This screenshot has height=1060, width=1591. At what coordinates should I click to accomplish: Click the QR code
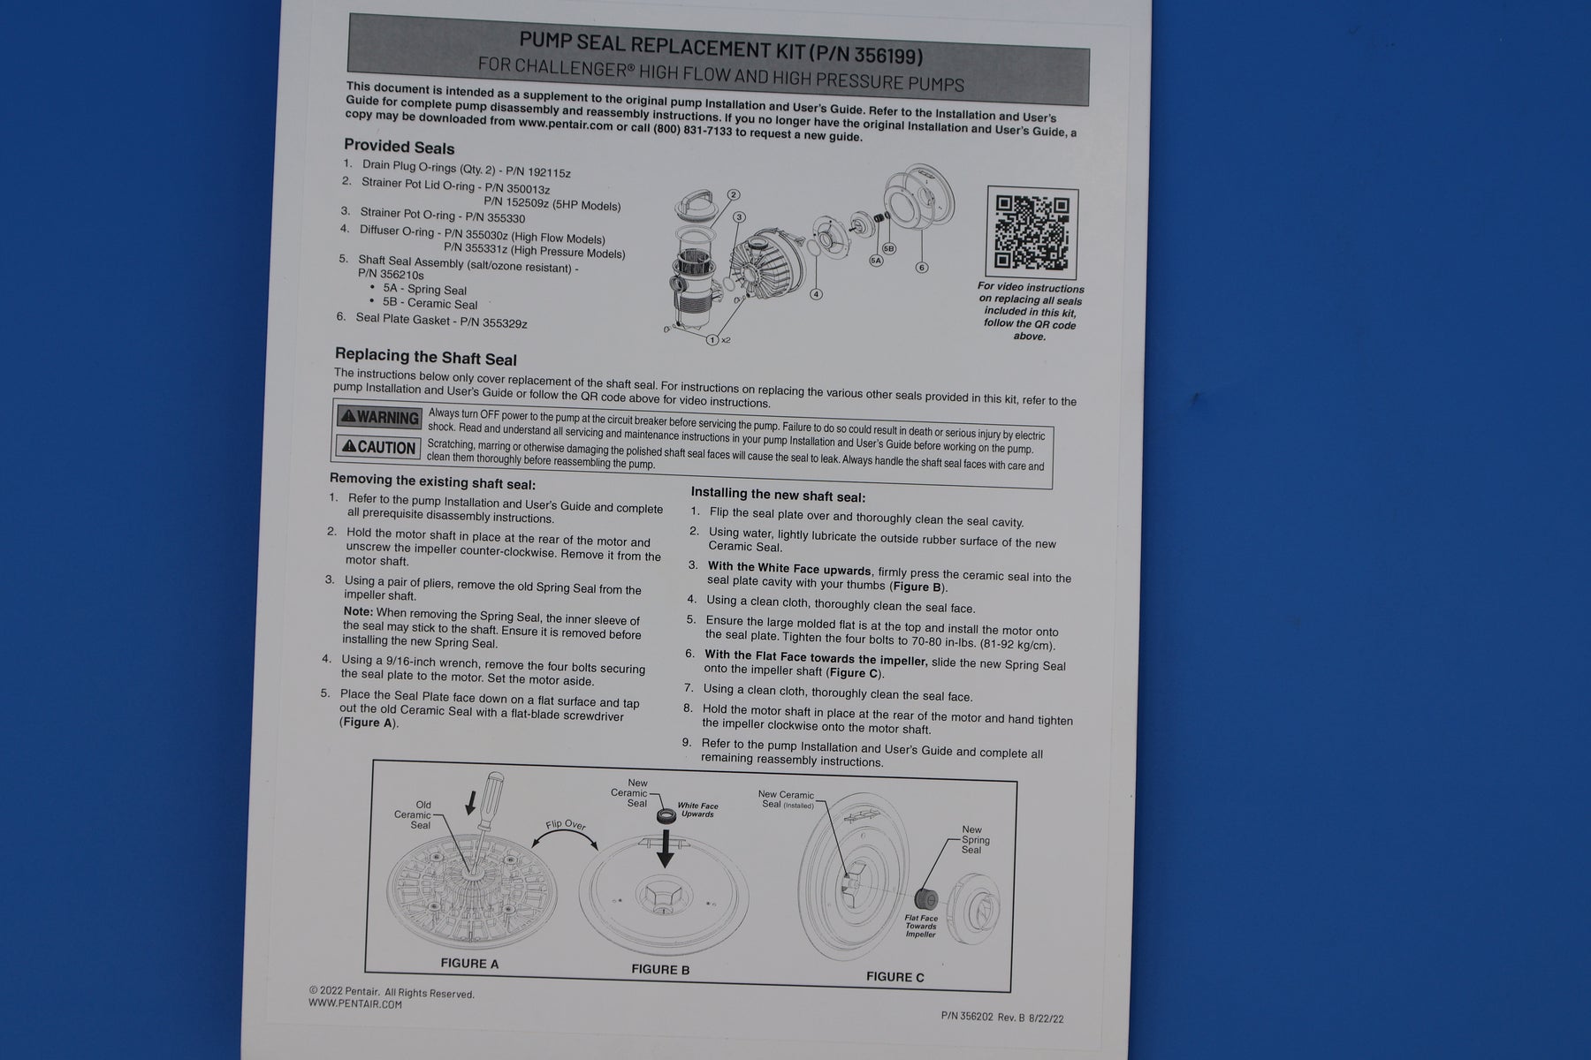click(x=1031, y=232)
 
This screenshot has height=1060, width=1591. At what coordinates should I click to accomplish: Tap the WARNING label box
click(x=379, y=417)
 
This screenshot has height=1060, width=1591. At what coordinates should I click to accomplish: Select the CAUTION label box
click(x=377, y=447)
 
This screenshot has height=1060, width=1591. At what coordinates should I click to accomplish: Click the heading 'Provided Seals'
click(x=400, y=147)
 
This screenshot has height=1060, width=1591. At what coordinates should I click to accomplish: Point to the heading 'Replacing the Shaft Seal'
click(x=426, y=357)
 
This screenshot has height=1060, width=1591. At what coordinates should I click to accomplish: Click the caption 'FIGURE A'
click(x=469, y=963)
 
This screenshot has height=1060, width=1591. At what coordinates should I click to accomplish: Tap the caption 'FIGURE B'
click(x=660, y=969)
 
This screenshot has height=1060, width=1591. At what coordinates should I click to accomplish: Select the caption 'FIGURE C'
click(x=895, y=976)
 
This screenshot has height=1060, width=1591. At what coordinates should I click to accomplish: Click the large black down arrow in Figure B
click(x=665, y=848)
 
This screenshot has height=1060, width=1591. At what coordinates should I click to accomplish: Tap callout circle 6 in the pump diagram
click(x=922, y=267)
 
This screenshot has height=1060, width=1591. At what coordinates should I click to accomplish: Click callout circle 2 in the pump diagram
click(x=733, y=195)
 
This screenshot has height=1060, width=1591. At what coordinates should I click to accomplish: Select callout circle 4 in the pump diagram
click(x=816, y=294)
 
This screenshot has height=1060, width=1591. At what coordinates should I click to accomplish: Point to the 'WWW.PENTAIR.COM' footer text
click(x=355, y=1003)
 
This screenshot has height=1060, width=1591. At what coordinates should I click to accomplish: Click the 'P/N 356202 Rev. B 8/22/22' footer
click(x=1002, y=1018)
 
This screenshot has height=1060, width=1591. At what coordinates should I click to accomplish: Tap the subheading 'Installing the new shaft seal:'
click(x=778, y=496)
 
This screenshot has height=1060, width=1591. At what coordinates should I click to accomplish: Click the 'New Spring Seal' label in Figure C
click(x=973, y=840)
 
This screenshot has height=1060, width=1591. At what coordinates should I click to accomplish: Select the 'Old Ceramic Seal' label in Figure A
click(x=415, y=814)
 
